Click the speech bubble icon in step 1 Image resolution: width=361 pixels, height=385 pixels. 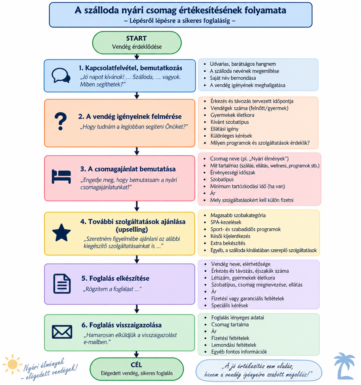click(61, 76)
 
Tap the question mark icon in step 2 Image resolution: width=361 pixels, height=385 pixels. click(61, 121)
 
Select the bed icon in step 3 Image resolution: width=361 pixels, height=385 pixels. click(61, 176)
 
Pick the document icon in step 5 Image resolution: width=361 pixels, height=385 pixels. click(62, 284)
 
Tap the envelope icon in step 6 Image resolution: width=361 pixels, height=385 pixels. click(62, 332)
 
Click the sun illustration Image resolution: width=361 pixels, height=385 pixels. click(12, 364)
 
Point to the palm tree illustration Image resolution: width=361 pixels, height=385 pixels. click(344, 366)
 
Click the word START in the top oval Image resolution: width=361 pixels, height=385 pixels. click(136, 38)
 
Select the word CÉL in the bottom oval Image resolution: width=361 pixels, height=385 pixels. click(136, 365)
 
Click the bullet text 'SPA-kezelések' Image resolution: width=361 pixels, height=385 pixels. click(226, 222)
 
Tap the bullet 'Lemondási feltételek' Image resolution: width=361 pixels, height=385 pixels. click(234, 345)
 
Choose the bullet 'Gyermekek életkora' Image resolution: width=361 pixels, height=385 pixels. click(232, 115)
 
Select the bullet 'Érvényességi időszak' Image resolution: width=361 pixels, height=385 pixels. click(233, 172)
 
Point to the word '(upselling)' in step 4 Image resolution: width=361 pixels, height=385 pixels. click(132, 229)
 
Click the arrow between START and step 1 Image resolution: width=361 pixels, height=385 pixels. click(137, 56)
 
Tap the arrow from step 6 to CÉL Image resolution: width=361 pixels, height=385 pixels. click(136, 354)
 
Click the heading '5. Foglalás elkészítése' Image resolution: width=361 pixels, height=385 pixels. click(115, 278)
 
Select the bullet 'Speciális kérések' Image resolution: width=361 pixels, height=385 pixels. click(230, 305)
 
